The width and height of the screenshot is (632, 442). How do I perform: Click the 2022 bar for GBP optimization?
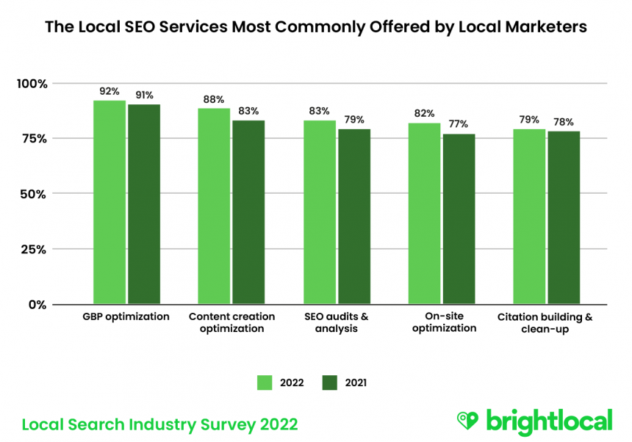click(109, 202)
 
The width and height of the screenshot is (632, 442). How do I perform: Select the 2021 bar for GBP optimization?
click(144, 204)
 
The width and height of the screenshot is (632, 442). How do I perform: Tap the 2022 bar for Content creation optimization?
click(214, 206)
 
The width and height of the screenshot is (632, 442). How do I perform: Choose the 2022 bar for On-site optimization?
click(424, 214)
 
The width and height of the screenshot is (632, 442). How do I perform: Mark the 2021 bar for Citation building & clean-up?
click(564, 217)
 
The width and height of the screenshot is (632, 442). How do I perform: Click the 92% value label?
click(109, 92)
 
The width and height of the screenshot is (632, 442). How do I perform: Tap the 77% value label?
click(459, 124)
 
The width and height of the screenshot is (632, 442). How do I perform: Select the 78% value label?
click(564, 122)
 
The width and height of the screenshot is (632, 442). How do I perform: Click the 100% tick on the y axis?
click(32, 84)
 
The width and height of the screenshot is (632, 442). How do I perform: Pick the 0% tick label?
click(37, 304)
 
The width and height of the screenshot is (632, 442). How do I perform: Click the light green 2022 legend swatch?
click(265, 383)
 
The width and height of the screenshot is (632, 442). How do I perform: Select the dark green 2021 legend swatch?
click(329, 383)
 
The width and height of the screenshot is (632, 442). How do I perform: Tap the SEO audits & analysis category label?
click(337, 322)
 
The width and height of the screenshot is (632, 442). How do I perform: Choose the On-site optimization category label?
click(445, 322)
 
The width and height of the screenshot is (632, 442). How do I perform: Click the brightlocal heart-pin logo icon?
click(467, 420)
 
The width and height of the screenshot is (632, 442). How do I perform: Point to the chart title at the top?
click(316, 27)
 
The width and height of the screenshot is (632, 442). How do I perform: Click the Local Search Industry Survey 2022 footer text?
click(159, 424)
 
